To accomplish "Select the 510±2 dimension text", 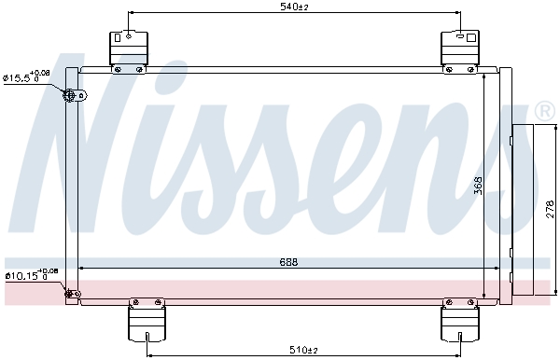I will [302, 350].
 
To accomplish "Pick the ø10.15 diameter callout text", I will [31, 274].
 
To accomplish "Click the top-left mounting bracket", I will [128, 48].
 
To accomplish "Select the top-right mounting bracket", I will [460, 48].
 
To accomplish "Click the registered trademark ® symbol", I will [545, 112].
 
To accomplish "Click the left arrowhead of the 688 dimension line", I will [83, 268].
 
